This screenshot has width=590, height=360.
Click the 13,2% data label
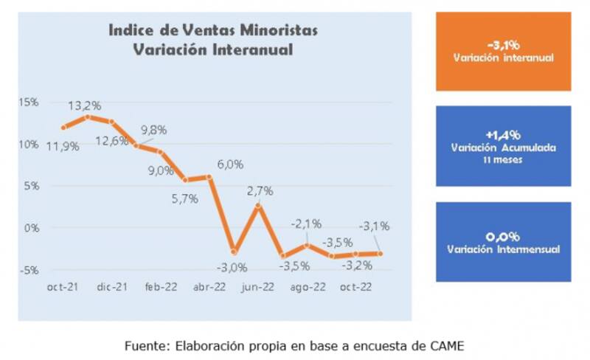pos(86,105)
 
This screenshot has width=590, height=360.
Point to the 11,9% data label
pos(63,147)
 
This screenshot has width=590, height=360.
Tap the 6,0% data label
pos(230,165)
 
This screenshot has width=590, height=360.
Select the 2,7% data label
pos(259,190)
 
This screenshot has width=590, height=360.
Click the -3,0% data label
pos(232,266)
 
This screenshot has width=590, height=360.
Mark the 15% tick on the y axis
pos(29,102)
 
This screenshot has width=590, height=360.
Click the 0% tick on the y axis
pos(31,228)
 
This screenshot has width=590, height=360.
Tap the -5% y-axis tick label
pos(29,270)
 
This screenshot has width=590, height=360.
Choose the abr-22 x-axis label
pos(209,287)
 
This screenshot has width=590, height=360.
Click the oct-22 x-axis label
pos(355,287)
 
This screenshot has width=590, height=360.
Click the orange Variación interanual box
pos(504,50)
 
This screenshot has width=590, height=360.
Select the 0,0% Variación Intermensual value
pos(504,237)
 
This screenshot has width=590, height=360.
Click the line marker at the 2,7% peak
pos(258,207)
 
